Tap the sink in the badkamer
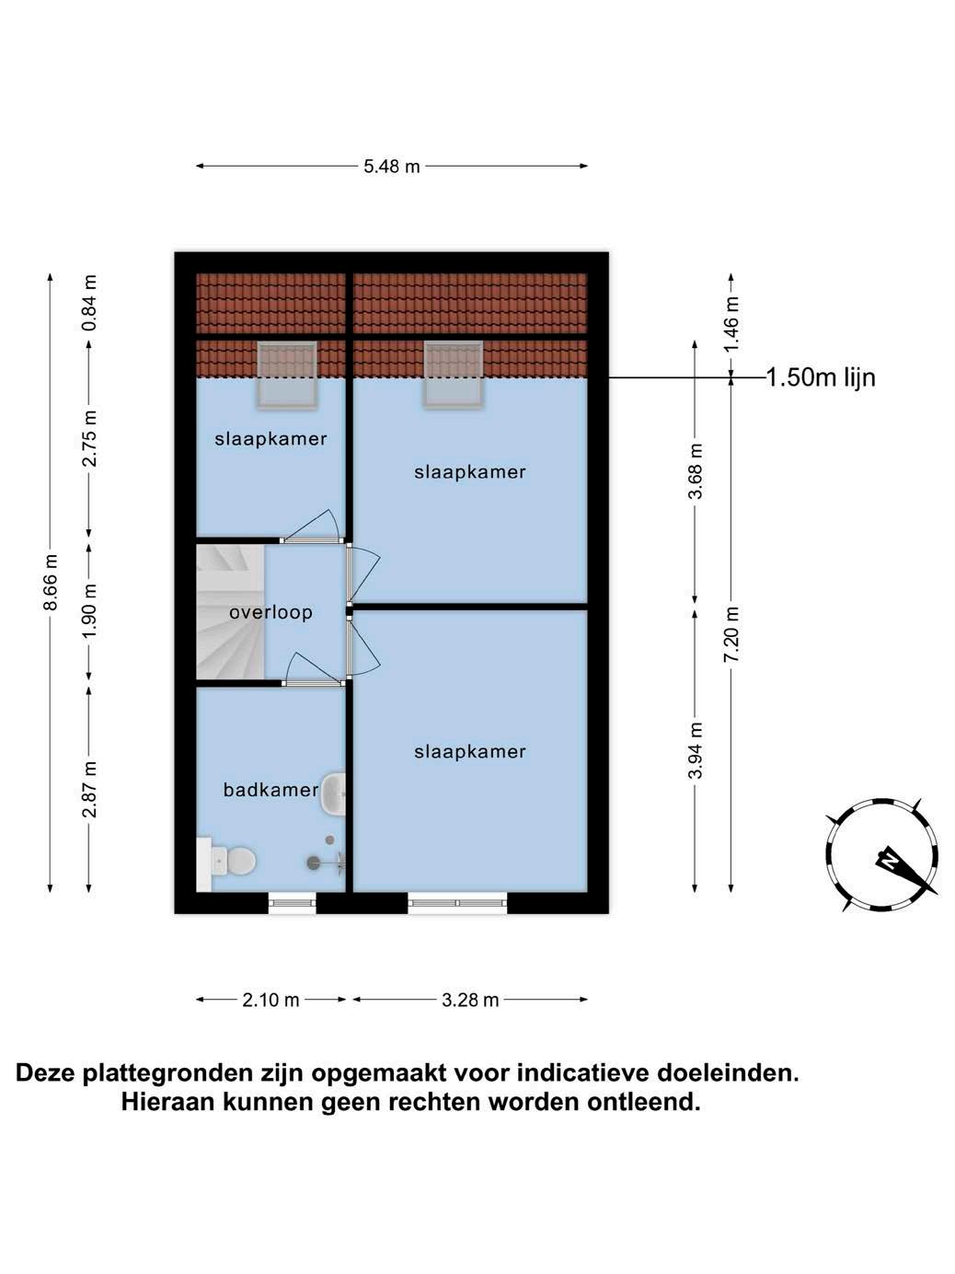click(333, 793)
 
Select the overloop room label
click(270, 612)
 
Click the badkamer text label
click(270, 790)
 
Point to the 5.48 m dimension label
click(392, 167)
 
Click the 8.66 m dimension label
click(52, 583)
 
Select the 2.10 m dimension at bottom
click(271, 1000)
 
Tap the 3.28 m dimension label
click(470, 1000)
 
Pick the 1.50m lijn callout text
click(821, 377)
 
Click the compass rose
click(882, 855)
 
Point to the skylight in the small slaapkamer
click(286, 375)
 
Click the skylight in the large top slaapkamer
click(453, 374)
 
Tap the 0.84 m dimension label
click(89, 304)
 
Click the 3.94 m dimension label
click(696, 750)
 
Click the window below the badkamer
click(292, 903)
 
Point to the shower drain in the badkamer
click(314, 863)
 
